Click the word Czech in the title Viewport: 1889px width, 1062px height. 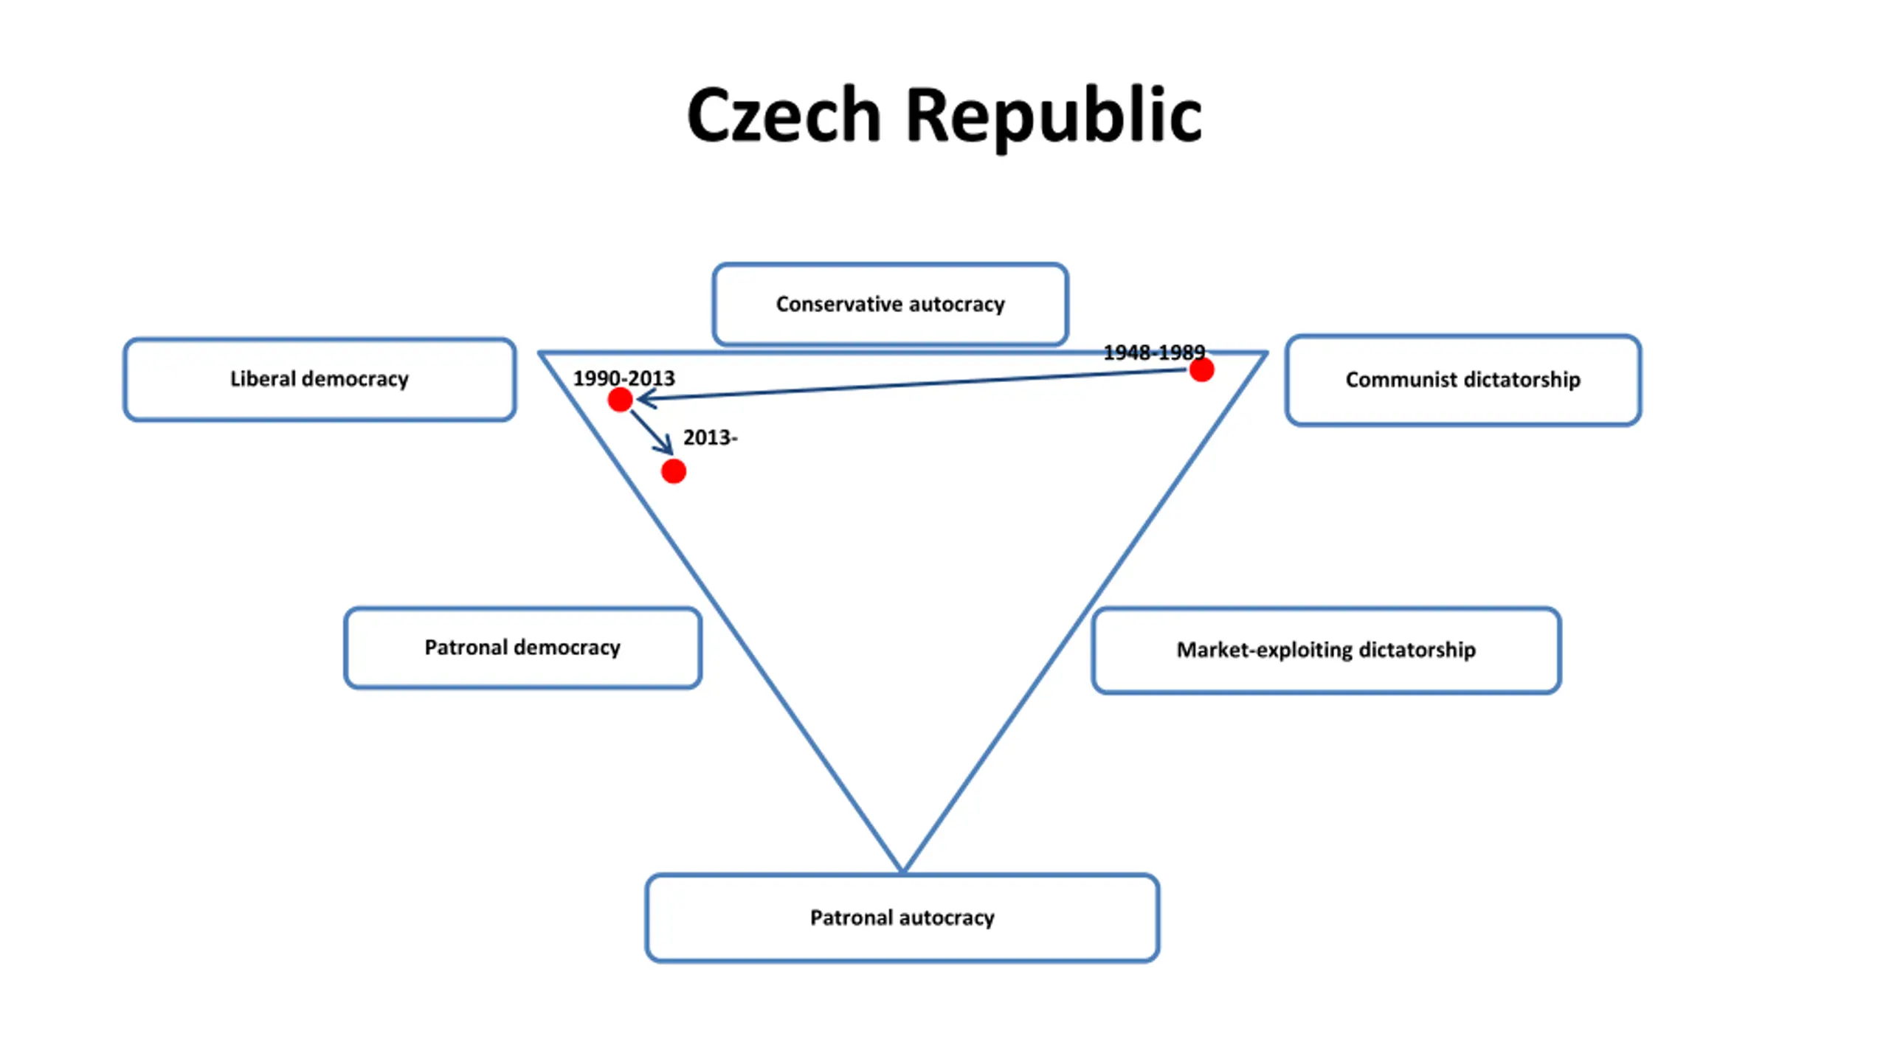click(x=784, y=116)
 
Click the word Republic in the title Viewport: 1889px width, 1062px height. click(x=1054, y=116)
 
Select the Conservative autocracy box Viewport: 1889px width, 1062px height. click(x=890, y=304)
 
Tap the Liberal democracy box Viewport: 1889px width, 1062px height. click(x=319, y=379)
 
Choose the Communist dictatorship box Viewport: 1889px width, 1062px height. click(x=1462, y=380)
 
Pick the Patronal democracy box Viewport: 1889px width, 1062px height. click(x=522, y=648)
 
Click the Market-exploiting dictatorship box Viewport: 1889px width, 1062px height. click(x=1326, y=650)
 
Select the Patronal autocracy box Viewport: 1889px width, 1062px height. click(x=902, y=917)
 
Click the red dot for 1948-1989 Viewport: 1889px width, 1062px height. click(x=1201, y=369)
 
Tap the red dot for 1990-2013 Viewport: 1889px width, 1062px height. click(x=620, y=400)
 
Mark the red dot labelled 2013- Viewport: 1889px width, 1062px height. click(x=673, y=471)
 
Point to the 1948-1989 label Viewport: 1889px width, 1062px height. click(x=1153, y=353)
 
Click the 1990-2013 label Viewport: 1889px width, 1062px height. click(x=624, y=378)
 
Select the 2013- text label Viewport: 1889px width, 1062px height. click(x=709, y=437)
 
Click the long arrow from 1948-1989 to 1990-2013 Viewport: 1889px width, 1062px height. click(x=915, y=383)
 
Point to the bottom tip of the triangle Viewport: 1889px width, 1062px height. click(x=902, y=870)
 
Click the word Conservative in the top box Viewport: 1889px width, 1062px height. click(x=838, y=304)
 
